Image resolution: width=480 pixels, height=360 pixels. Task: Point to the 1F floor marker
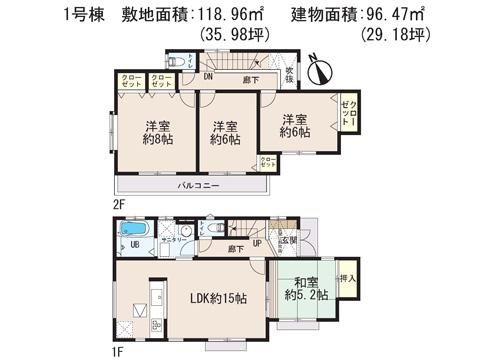(119, 350)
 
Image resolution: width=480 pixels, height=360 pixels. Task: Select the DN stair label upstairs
(208, 76)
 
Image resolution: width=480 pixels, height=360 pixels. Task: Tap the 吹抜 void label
(287, 72)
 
